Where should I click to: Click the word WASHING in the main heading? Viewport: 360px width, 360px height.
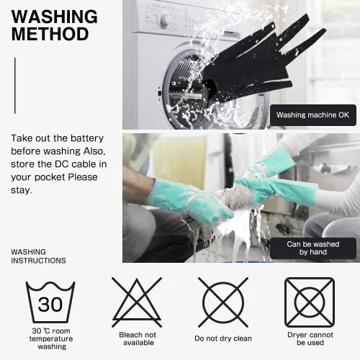[55, 17]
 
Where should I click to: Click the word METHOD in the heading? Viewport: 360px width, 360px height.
[50, 34]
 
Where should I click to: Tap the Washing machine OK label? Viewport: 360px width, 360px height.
[313, 115]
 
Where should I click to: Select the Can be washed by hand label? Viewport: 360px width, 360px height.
[313, 248]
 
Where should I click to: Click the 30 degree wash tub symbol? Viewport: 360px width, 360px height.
[50, 302]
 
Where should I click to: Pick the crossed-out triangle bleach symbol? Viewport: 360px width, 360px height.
[137, 302]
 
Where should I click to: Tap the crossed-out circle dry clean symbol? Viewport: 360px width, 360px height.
[223, 302]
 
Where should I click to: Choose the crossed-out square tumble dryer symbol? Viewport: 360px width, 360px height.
[310, 302]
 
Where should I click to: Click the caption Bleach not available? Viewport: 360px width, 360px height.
[138, 338]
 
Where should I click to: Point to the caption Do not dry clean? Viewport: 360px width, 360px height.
[223, 338]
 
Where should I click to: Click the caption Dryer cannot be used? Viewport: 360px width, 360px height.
[310, 338]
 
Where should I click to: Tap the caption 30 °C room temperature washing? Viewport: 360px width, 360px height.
[51, 338]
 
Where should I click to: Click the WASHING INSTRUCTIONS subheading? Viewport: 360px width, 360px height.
[38, 256]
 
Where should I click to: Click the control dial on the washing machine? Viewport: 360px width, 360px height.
[166, 20]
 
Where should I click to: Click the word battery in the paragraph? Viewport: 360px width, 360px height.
[87, 138]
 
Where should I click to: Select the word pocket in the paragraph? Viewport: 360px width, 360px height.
[50, 177]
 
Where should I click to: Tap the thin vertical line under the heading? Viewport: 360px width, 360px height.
[15, 86]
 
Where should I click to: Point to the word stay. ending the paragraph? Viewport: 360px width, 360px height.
[21, 190]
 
